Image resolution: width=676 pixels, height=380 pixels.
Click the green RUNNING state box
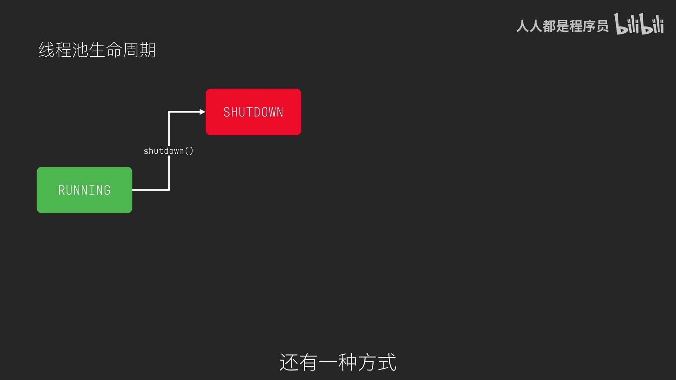[x=84, y=190]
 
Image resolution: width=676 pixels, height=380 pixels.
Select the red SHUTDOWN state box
[x=254, y=112]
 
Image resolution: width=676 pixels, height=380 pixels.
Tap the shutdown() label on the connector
[x=168, y=151]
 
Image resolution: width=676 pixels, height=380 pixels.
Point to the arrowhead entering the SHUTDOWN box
[x=202, y=112]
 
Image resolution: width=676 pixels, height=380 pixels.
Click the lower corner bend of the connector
[x=169, y=190]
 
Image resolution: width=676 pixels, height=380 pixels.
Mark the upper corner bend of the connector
[x=169, y=112]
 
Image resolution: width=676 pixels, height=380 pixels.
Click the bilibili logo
[x=639, y=24]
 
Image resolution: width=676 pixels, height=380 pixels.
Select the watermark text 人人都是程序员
[x=562, y=26]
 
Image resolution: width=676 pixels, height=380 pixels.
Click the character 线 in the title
[x=46, y=50]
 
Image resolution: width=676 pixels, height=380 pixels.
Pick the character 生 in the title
[x=97, y=50]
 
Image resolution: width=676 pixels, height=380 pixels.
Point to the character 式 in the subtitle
[x=387, y=362]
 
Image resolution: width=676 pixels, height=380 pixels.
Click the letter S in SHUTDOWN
[x=227, y=112]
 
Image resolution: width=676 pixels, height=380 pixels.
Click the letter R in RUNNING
[x=62, y=190]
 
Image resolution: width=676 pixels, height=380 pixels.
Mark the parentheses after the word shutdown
[x=189, y=151]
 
